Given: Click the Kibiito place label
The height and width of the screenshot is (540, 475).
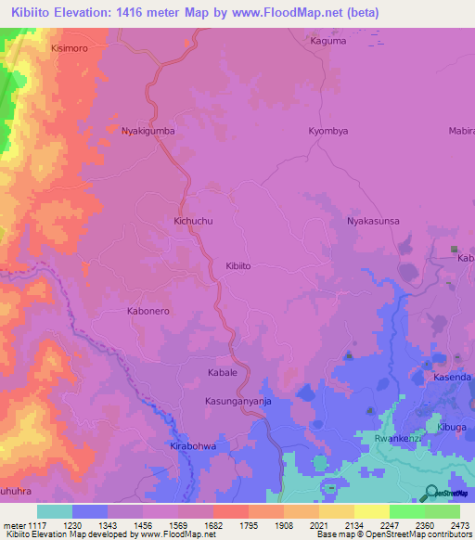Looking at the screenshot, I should [x=238, y=265].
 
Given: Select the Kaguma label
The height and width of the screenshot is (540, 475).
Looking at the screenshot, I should [x=327, y=41].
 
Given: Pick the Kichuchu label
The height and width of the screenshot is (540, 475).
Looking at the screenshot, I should [x=194, y=222].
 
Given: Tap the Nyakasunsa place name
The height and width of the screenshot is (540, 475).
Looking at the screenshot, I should [x=373, y=222].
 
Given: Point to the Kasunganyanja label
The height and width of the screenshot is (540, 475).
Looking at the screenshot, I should [x=237, y=402].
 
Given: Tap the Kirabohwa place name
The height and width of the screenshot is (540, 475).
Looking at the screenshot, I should [x=193, y=446].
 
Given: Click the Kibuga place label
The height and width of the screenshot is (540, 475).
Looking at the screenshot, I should [x=454, y=426].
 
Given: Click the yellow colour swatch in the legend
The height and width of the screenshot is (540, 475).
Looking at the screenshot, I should [x=371, y=511].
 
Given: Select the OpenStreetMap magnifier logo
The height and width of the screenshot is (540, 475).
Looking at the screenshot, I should [x=432, y=494].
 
